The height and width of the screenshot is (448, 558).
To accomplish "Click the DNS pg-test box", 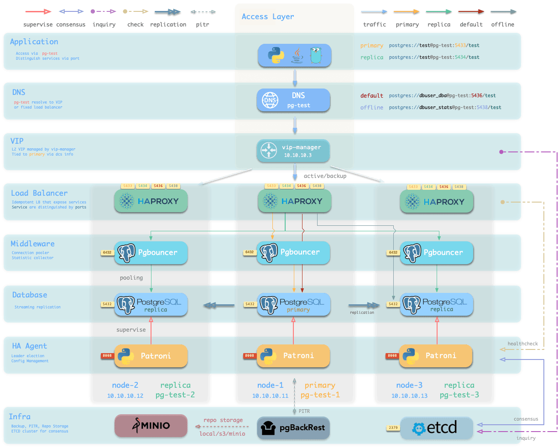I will (x=293, y=100).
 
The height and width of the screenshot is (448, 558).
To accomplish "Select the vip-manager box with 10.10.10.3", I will (x=293, y=151).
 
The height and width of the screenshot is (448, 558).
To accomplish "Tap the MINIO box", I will (x=151, y=426).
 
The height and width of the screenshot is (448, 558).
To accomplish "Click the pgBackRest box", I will (x=293, y=428).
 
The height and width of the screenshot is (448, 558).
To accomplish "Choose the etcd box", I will (x=436, y=428).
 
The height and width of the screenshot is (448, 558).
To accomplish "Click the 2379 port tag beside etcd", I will (x=393, y=428).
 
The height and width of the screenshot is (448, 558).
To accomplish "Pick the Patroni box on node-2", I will (x=151, y=356).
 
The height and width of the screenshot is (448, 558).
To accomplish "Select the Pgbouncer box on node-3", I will (x=437, y=253).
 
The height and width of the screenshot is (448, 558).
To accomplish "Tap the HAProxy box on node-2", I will (x=151, y=201).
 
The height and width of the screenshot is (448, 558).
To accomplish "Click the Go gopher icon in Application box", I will (x=316, y=55).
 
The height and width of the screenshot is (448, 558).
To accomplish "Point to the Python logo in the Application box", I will (x=276, y=56).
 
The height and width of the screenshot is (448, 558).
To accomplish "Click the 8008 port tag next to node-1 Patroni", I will (x=250, y=356).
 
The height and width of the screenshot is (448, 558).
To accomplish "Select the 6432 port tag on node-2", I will (x=107, y=252).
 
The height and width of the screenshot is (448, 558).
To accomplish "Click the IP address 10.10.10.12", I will (x=125, y=396).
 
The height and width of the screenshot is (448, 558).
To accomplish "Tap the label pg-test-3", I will (x=459, y=395).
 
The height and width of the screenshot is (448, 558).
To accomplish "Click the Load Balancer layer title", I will (x=39, y=193).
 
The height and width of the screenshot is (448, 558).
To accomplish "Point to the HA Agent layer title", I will (x=29, y=346).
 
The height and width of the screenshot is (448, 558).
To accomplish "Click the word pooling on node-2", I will (x=131, y=278).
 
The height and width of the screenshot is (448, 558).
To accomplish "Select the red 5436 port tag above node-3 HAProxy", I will (x=443, y=187).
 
